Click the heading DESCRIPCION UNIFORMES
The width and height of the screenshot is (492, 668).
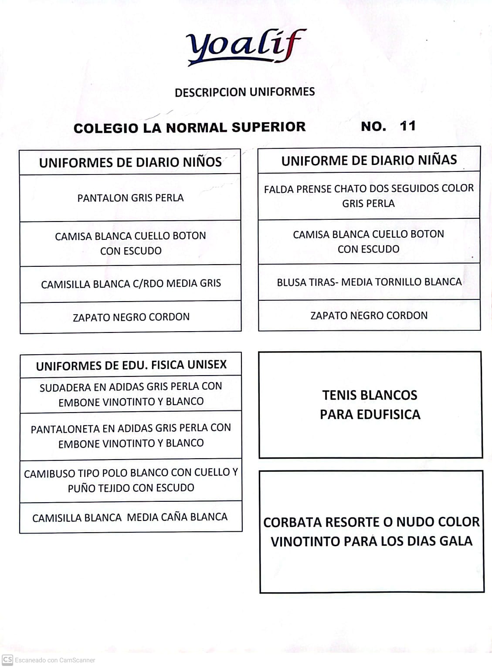pyautogui.click(x=244, y=92)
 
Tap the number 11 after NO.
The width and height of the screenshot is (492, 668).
pyautogui.click(x=407, y=126)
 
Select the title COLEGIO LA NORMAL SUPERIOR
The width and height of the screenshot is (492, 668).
pyautogui.click(x=190, y=128)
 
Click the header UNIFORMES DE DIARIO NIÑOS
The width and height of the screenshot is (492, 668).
pyautogui.click(x=130, y=162)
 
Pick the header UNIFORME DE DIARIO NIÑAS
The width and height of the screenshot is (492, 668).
pyautogui.click(x=369, y=160)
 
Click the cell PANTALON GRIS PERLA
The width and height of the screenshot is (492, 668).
pyautogui.click(x=130, y=198)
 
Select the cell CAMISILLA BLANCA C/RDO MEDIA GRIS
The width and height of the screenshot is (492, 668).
pyautogui.click(x=131, y=284)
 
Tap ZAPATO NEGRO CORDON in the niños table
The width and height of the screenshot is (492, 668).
pyautogui.click(x=131, y=317)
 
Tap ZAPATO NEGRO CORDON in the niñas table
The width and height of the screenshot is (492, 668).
pyautogui.click(x=369, y=316)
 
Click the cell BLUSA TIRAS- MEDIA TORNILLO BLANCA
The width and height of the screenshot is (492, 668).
pyautogui.click(x=369, y=282)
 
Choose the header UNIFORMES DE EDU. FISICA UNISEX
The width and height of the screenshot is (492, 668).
pyautogui.click(x=131, y=365)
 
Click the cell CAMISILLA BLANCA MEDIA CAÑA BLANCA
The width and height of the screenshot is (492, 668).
pyautogui.click(x=130, y=517)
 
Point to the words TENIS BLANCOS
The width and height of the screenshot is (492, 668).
pyautogui.click(x=370, y=395)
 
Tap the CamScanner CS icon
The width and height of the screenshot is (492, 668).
pyautogui.click(x=7, y=660)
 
